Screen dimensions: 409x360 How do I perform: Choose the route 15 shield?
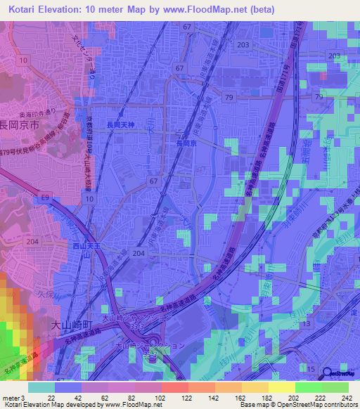point(311,369)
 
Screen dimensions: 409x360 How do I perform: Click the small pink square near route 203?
point(323,74)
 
